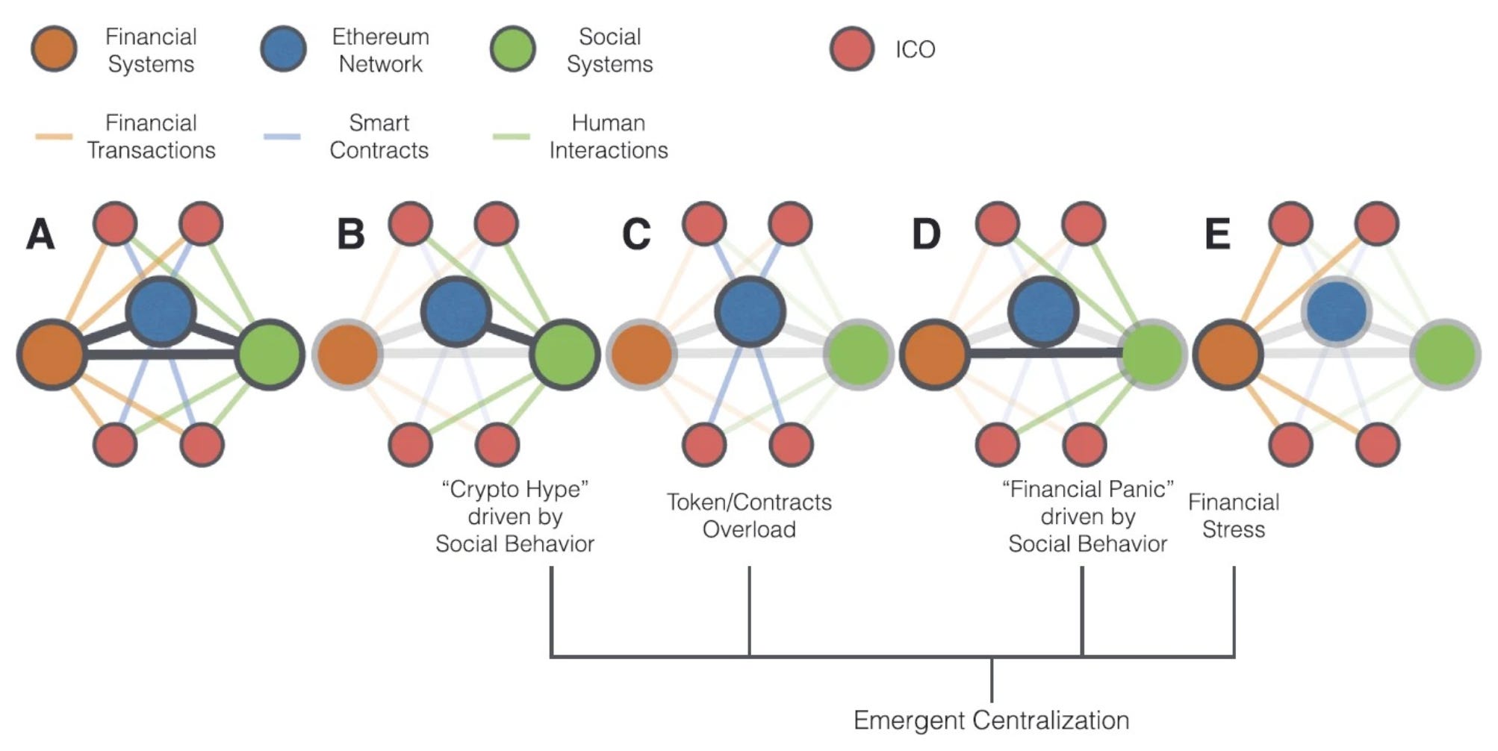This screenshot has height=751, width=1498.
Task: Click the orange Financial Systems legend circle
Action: (x=54, y=49)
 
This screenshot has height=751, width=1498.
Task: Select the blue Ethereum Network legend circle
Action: (x=283, y=49)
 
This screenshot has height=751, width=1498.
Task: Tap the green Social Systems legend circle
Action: (x=512, y=49)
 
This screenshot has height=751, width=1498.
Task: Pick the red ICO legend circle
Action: (x=851, y=49)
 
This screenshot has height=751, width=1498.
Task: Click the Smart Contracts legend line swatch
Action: (x=282, y=137)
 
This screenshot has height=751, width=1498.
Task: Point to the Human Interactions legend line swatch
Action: (x=512, y=137)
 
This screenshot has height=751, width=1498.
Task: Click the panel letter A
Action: (x=40, y=234)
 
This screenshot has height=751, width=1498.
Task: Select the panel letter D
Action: (x=926, y=234)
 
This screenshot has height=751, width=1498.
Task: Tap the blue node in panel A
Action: (x=161, y=311)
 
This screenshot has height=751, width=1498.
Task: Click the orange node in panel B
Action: (x=347, y=354)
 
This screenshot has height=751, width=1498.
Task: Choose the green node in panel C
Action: (x=859, y=354)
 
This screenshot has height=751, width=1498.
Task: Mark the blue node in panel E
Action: (x=1337, y=311)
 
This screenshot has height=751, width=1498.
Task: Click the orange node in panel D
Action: (x=934, y=354)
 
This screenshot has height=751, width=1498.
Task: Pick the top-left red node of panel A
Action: (x=115, y=222)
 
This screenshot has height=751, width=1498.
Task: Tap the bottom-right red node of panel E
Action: (x=1378, y=444)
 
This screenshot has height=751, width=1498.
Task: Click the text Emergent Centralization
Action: (x=991, y=720)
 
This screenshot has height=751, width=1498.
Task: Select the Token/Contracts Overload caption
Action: (x=749, y=516)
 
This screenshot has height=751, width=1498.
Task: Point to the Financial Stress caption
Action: (x=1234, y=516)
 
